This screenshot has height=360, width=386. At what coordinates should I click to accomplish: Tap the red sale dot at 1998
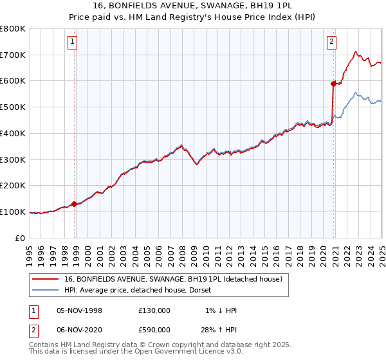point(75,204)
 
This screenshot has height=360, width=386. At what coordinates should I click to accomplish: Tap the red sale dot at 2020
point(333,84)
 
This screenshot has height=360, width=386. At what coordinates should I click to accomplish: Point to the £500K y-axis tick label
point(13,107)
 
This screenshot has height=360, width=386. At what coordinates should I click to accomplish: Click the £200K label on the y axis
point(13,185)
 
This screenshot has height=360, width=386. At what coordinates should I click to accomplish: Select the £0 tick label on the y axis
point(20,238)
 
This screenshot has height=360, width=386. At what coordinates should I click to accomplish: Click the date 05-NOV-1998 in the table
point(80,310)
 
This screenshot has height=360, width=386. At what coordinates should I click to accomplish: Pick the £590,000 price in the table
point(154,330)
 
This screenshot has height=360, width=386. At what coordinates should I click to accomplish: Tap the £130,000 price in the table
point(154,310)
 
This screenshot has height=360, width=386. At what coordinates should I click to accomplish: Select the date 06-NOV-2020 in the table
point(80,330)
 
